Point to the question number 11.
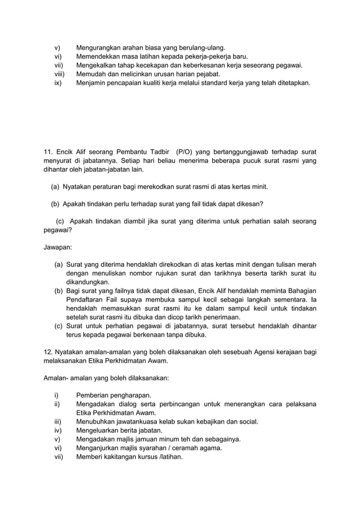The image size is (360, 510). pyautogui.click(x=48, y=151)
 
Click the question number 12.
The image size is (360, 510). pyautogui.click(x=48, y=352)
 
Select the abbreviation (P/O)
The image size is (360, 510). pyautogui.click(x=187, y=151)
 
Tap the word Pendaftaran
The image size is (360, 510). pyautogui.click(x=89, y=299)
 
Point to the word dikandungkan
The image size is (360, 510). pyautogui.click(x=88, y=282)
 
